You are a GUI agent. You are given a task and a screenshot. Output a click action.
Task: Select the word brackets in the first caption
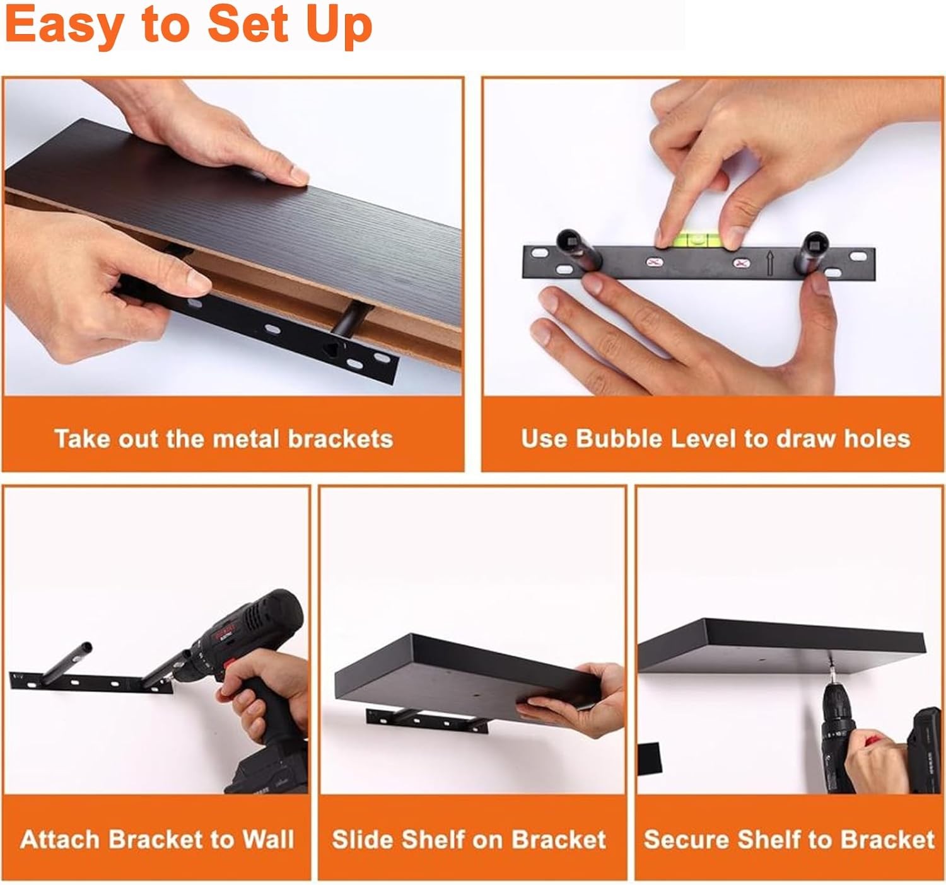pos(340,439)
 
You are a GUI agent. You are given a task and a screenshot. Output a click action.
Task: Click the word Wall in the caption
pos(268,839)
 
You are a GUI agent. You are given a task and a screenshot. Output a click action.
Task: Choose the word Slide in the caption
pos(364,839)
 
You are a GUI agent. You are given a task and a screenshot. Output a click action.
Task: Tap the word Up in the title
pos(340,26)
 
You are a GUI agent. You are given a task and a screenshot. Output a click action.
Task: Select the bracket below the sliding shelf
pos(427,721)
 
